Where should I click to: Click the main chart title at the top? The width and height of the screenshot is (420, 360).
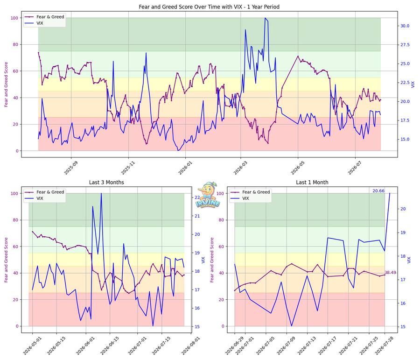point(209,7)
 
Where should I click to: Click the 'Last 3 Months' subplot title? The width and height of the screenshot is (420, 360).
point(106,182)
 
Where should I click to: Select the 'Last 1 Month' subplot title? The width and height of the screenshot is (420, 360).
point(312,182)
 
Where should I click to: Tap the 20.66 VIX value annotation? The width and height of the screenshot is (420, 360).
point(378,191)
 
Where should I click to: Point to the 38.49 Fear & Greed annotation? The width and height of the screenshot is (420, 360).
point(390,272)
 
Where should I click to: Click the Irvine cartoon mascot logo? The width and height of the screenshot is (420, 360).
point(208,195)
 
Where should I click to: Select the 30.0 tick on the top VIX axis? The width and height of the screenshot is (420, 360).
point(405,26)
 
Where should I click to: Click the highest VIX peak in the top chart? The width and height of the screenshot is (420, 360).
point(265,18)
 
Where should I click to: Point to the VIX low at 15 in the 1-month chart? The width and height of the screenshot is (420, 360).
point(292,326)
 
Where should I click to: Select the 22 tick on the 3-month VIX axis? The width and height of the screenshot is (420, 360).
point(197,198)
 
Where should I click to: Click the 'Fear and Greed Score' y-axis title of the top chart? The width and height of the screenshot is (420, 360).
point(6,85)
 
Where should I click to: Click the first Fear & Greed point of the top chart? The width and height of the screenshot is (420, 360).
point(38,52)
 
